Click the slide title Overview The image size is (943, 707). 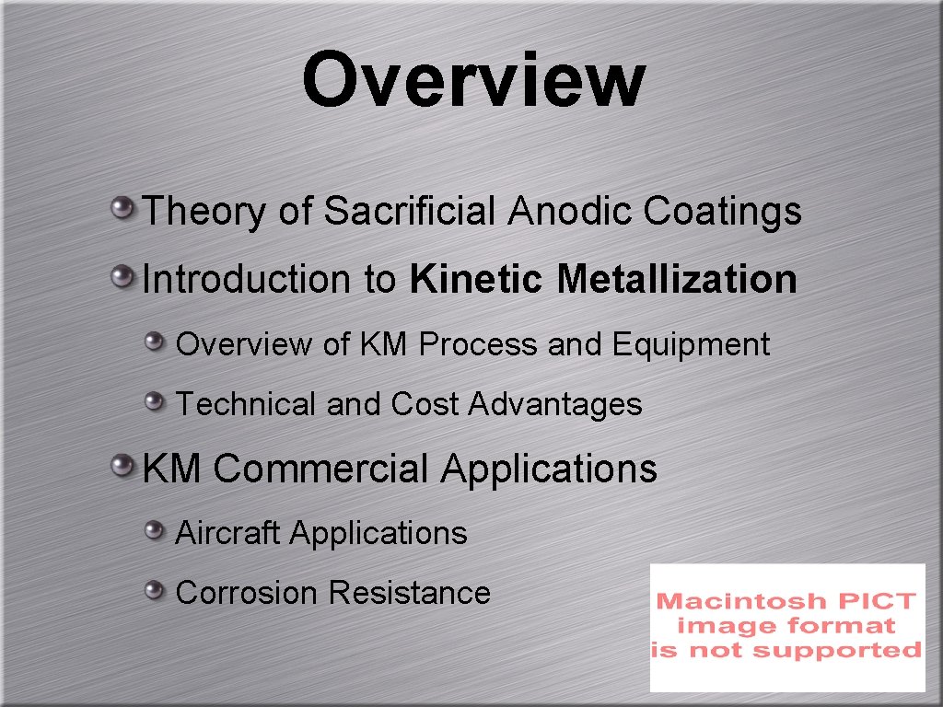472,80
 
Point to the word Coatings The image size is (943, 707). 722,212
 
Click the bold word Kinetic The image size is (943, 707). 478,279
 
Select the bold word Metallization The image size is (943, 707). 677,279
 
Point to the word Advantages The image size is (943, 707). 555,405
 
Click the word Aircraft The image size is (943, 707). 228,533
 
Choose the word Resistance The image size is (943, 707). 409,593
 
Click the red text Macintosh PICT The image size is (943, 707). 786,601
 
